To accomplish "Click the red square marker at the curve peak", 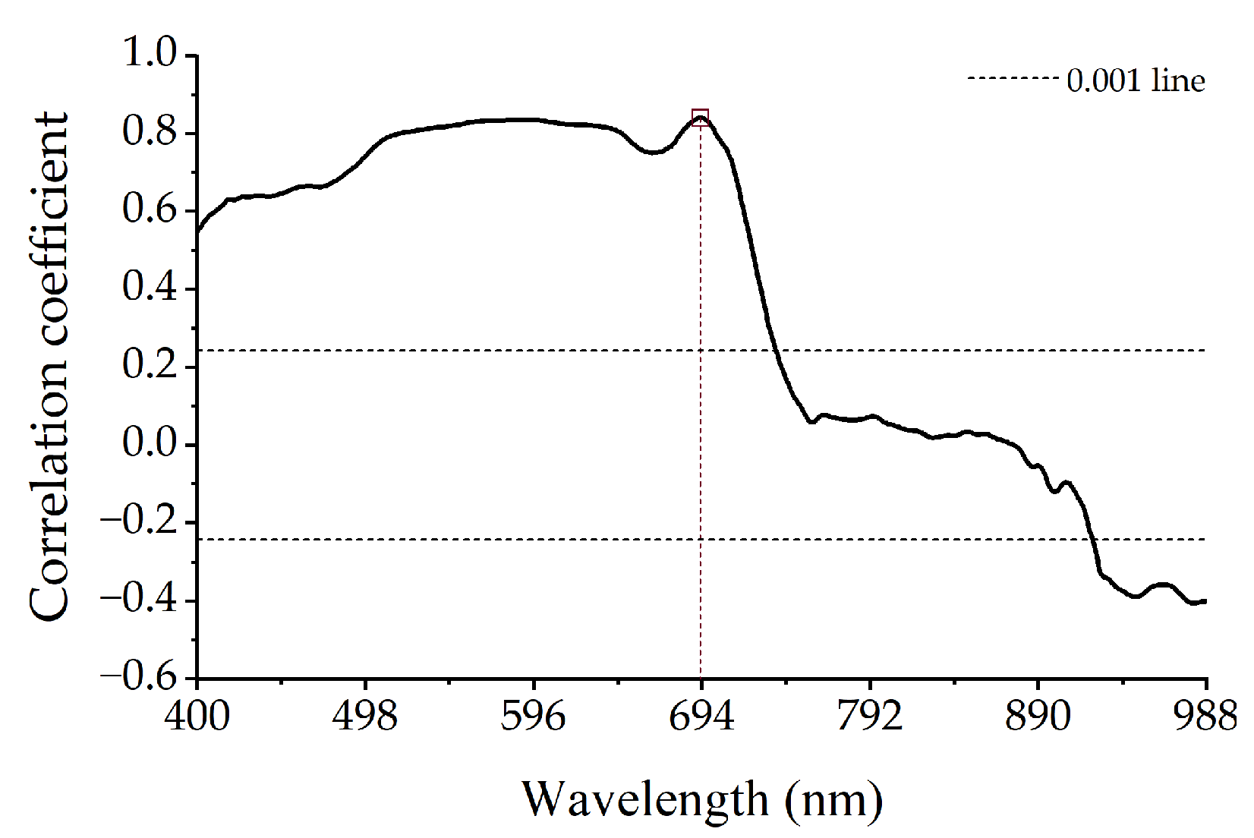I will [x=700, y=118].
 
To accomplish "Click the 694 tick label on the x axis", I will [x=701, y=716].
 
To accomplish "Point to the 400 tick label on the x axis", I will [x=197, y=716].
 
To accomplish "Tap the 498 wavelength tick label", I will [x=365, y=716].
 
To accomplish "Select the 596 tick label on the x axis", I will [x=533, y=716].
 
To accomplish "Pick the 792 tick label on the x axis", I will [x=869, y=716].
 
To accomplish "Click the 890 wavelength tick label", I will [x=1037, y=716].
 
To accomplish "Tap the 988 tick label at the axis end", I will [x=1205, y=716].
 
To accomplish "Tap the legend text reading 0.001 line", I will [x=1136, y=80].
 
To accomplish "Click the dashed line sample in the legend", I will [x=1013, y=78].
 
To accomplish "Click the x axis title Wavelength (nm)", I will [x=702, y=800].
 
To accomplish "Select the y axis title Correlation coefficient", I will [x=49, y=367].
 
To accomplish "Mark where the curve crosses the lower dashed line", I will [x=1093, y=540].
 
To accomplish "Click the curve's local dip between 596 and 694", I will [x=653, y=153].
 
